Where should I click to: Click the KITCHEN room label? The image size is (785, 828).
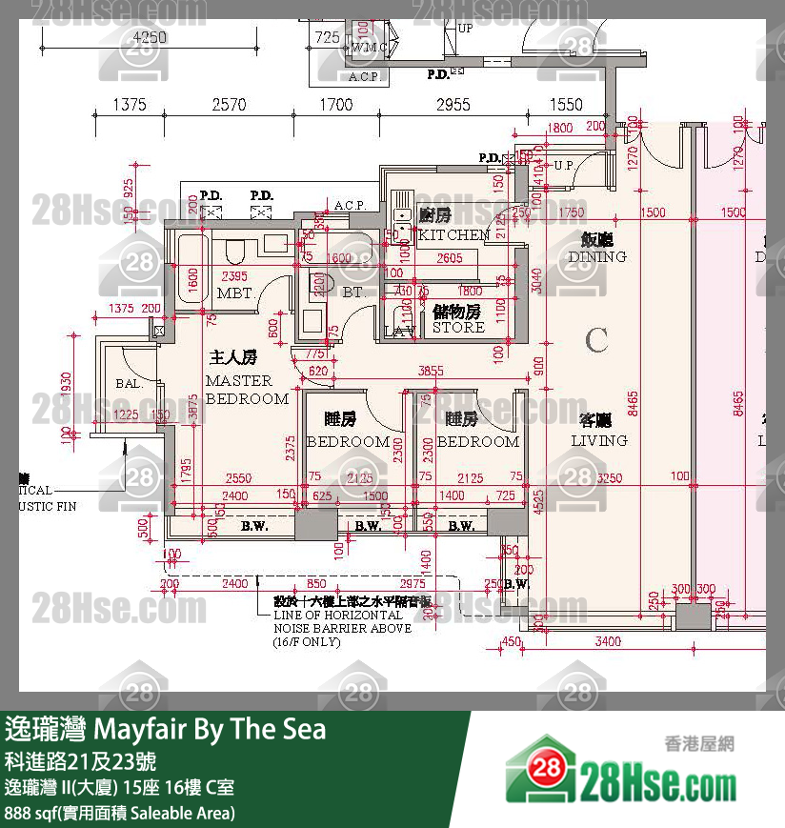453,234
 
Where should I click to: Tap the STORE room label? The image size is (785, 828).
458,327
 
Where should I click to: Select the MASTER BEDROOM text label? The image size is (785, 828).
247,390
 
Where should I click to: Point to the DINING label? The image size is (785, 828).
597,256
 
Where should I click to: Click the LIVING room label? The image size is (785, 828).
599,440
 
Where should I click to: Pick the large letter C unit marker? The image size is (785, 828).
597,339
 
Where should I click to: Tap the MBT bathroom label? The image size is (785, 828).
234,293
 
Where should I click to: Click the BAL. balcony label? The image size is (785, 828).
130,384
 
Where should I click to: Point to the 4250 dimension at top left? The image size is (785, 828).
150,38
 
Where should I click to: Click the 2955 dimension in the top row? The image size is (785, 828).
453,105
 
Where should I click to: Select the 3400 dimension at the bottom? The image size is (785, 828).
607,642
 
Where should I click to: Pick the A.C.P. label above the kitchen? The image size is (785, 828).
350,205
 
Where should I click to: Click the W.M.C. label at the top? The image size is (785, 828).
369,48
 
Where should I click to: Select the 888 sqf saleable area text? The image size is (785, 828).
119,813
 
